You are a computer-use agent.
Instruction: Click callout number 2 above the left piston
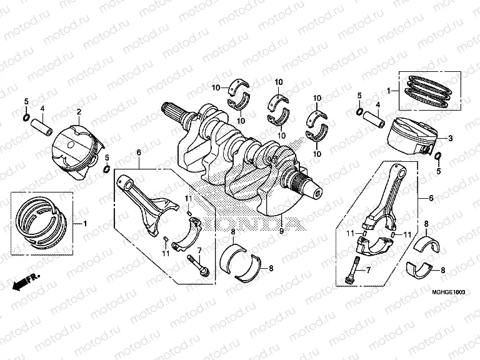click(79, 112)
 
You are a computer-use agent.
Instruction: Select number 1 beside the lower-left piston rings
click(86, 223)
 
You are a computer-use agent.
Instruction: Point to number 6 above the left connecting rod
click(139, 152)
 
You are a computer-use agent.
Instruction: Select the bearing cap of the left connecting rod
click(186, 235)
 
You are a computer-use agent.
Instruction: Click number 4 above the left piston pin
click(42, 109)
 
